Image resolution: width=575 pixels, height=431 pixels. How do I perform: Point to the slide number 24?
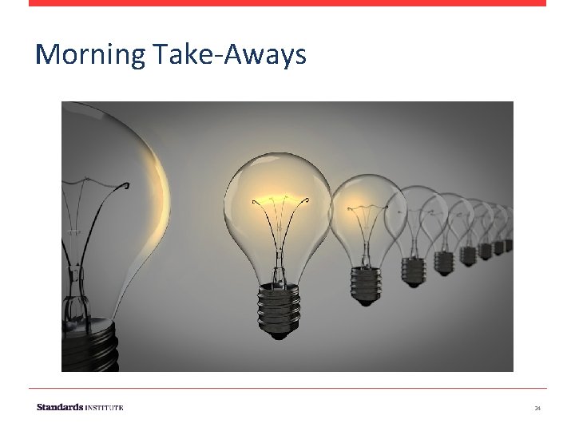537,408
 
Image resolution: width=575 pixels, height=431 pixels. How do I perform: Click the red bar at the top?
287,2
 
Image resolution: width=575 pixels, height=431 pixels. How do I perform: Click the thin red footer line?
287,389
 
